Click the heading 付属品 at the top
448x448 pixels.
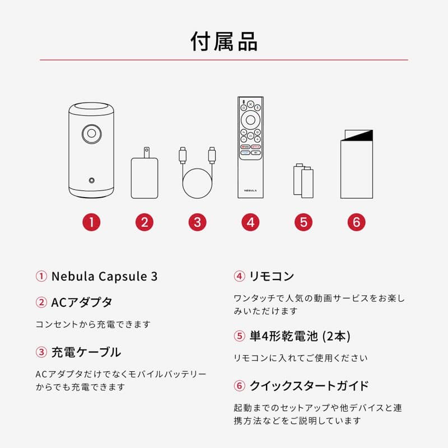click(x=224, y=41)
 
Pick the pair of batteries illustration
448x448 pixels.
click(x=304, y=180)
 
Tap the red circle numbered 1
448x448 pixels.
click(x=91, y=222)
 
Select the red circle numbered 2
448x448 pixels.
click(x=144, y=222)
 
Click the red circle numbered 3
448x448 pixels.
click(x=197, y=222)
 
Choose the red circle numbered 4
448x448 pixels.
click(x=250, y=222)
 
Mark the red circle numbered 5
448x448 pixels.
click(x=303, y=222)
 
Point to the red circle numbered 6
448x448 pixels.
click(x=356, y=222)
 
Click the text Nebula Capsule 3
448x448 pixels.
click(x=104, y=276)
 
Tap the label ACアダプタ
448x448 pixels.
click(x=82, y=302)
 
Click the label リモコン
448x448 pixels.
click(x=272, y=276)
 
